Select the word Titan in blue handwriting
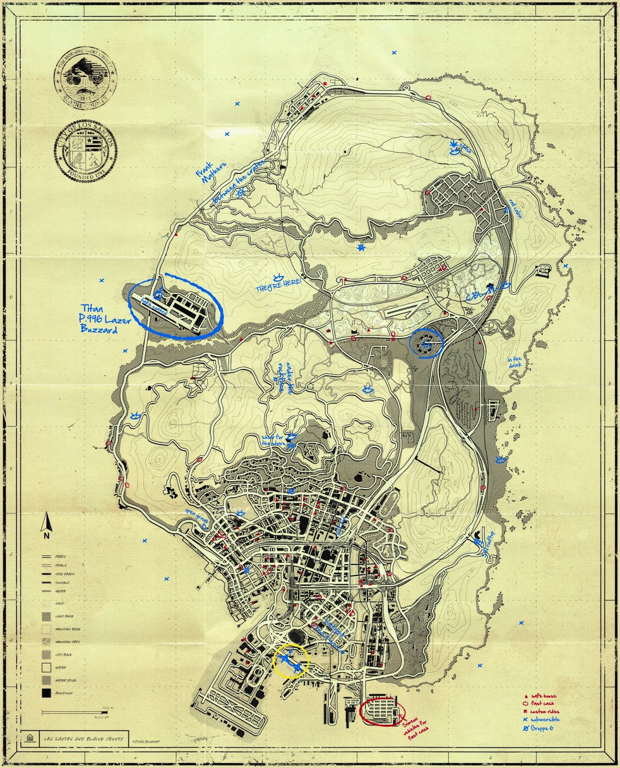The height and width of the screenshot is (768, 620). (91, 308)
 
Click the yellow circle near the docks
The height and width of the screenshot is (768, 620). (291, 660)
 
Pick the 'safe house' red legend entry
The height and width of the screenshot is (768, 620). (543, 696)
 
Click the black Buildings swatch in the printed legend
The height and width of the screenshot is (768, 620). (47, 693)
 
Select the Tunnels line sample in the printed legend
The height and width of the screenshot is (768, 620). (47, 582)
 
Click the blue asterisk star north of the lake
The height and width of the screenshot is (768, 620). (361, 248)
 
